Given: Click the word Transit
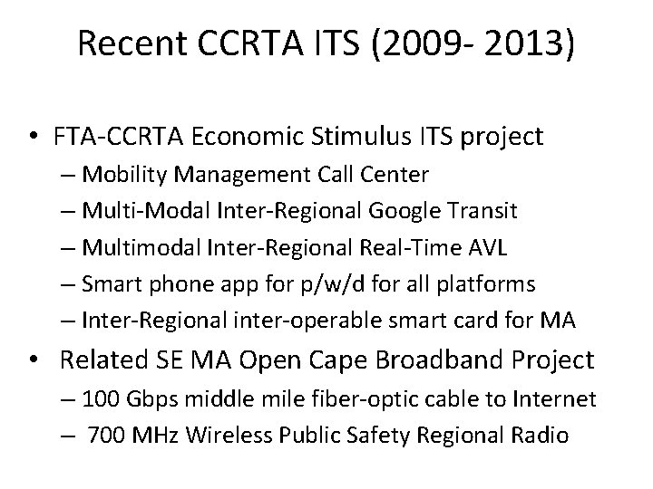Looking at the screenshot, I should tap(482, 211).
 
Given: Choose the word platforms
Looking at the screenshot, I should tap(487, 284).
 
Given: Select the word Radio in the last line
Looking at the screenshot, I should tap(542, 436).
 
